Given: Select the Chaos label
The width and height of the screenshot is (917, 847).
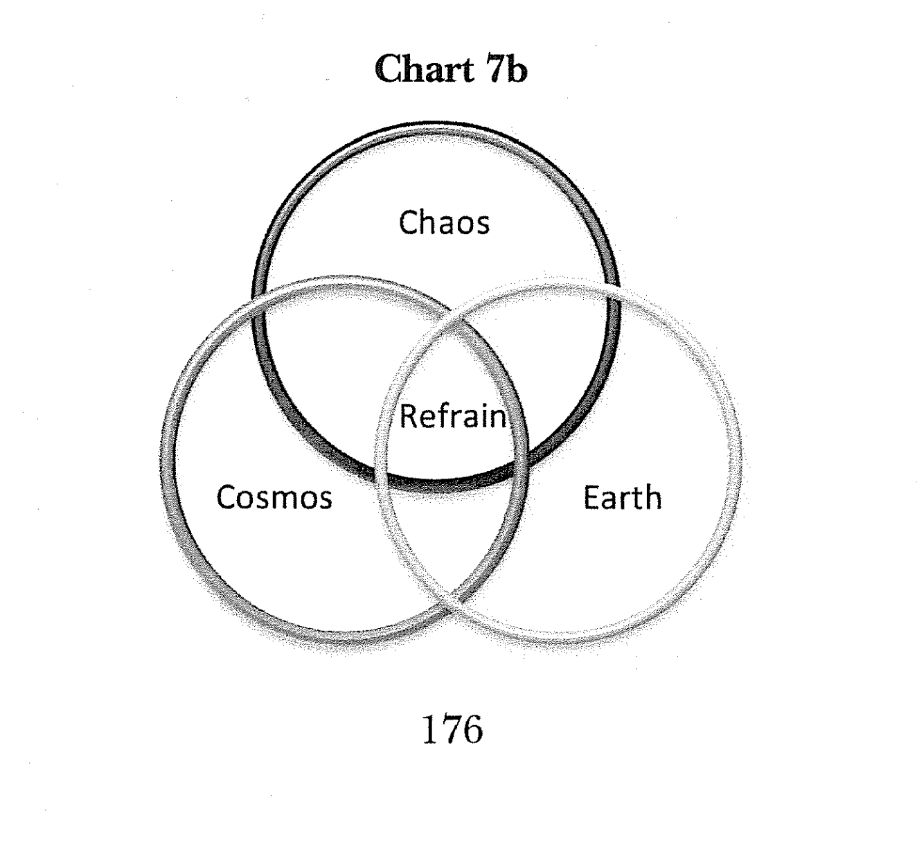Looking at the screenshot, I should [444, 222].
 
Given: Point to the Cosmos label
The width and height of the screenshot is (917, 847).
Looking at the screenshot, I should [274, 497].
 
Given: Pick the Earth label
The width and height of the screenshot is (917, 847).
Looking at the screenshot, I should [622, 497].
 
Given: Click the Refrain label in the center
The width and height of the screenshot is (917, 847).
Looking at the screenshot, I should [453, 416].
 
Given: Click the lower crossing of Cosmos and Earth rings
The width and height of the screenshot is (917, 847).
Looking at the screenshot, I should [452, 604].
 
